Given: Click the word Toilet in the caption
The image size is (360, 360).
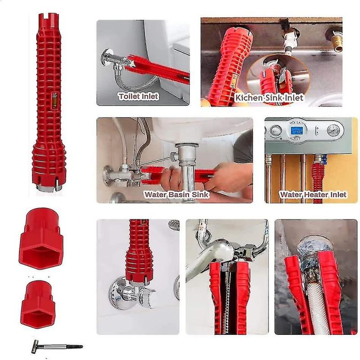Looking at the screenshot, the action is tap(129, 96).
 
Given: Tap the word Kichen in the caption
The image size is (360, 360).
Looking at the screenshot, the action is tap(249, 98).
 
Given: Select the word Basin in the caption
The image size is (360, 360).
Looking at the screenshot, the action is tap(179, 195).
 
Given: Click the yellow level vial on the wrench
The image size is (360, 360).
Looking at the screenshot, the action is tap(54, 100).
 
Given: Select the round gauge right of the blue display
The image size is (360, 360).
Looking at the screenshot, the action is tap(333, 131).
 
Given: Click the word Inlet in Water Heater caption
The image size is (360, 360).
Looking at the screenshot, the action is tap(338, 195).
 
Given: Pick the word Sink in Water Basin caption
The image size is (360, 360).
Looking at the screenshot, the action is tap(200, 195).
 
